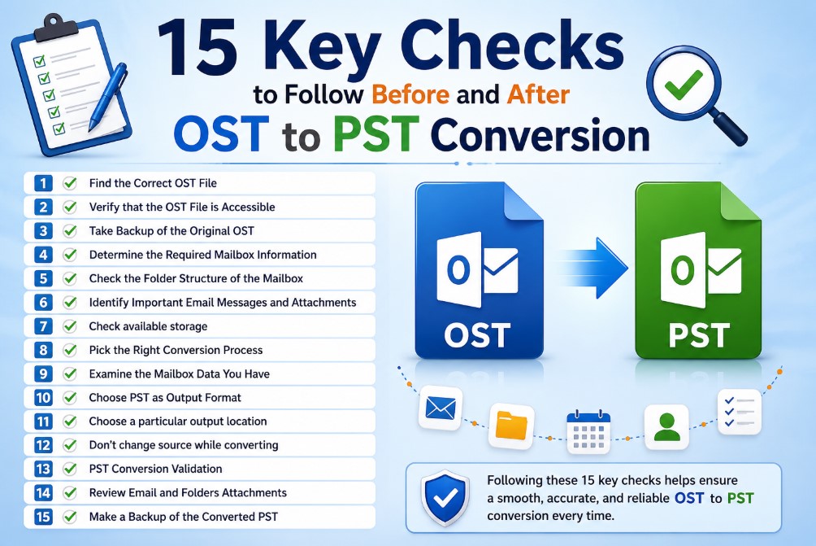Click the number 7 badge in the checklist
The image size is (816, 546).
click(43, 326)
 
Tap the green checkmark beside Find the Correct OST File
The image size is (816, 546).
click(70, 183)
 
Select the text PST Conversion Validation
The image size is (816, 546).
click(155, 469)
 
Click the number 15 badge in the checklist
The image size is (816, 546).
click(43, 517)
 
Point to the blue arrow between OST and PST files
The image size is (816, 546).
click(593, 268)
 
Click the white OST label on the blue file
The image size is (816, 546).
click(477, 335)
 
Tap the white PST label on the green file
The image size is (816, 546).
click(699, 335)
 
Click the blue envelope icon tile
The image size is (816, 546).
click(441, 408)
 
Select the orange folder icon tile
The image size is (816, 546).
click(511, 426)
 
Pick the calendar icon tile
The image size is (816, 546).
click(588, 431)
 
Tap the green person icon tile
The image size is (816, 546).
click(666, 427)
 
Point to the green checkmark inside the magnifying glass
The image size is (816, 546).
click(684, 84)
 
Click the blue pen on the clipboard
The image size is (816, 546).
click(107, 97)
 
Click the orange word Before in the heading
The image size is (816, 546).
click(410, 94)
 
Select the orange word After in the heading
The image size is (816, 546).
click(538, 94)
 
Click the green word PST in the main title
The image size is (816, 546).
click(375, 134)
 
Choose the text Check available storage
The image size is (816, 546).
click(148, 326)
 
